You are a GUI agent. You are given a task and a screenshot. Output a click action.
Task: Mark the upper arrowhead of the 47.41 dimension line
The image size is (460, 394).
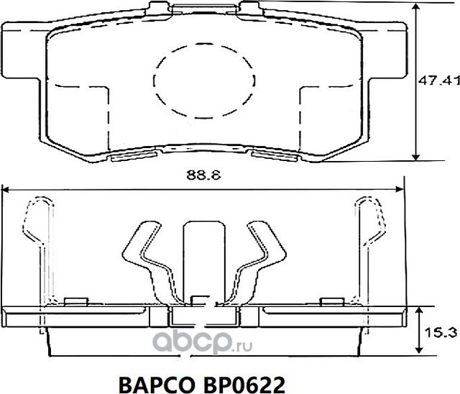click(416, 7)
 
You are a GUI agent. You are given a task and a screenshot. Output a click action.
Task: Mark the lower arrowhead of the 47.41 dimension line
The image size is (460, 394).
click(416, 160)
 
